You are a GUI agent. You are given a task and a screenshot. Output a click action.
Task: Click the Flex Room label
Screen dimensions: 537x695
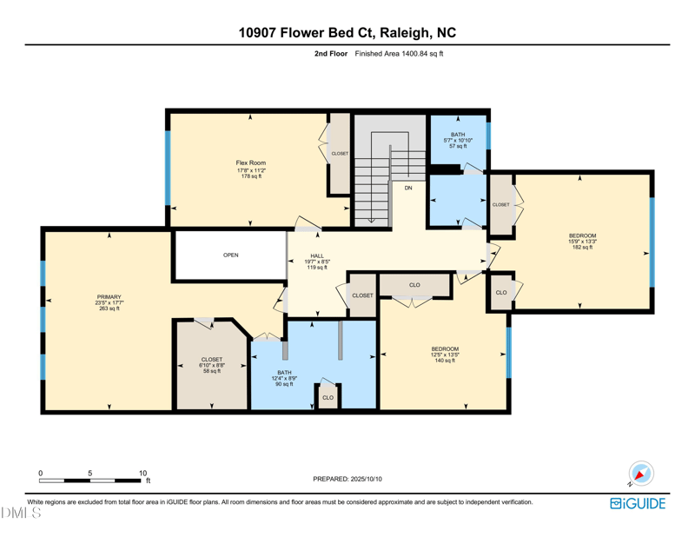click(250, 162)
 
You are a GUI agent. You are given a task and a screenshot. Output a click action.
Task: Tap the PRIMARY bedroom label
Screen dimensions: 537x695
click(109, 295)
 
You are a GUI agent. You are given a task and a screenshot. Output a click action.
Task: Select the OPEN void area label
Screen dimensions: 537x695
click(230, 255)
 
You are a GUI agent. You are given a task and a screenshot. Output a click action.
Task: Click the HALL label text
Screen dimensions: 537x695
click(317, 255)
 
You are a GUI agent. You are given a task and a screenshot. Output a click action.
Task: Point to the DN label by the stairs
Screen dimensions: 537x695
click(408, 188)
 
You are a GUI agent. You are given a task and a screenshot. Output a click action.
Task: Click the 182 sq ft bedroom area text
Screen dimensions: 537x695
click(582, 248)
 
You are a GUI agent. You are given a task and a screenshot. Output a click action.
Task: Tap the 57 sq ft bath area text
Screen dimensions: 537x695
click(457, 146)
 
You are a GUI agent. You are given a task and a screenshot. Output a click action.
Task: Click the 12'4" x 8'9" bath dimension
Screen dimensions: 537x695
click(284, 377)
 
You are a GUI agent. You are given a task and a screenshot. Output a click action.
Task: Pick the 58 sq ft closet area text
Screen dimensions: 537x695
click(211, 372)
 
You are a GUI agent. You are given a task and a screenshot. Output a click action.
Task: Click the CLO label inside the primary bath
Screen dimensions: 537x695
click(328, 398)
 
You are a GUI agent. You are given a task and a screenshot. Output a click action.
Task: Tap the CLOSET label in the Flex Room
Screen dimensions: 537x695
click(340, 154)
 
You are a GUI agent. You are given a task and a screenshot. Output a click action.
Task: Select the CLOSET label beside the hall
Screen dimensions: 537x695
click(362, 295)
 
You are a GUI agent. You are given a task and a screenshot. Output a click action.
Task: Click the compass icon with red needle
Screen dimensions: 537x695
click(641, 474)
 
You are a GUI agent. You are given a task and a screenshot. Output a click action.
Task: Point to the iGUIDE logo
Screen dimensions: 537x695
click(638, 503)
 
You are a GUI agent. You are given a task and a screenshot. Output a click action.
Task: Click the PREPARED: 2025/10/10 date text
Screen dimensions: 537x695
click(347, 479)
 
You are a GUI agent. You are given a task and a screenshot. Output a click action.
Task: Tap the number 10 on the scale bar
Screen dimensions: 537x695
click(143, 473)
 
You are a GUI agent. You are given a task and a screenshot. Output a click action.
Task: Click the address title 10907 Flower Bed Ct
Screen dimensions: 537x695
click(347, 34)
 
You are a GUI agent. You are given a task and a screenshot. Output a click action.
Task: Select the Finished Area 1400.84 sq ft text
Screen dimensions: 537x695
click(399, 54)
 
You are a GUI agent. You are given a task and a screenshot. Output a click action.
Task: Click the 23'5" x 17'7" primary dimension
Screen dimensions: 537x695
click(109, 302)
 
